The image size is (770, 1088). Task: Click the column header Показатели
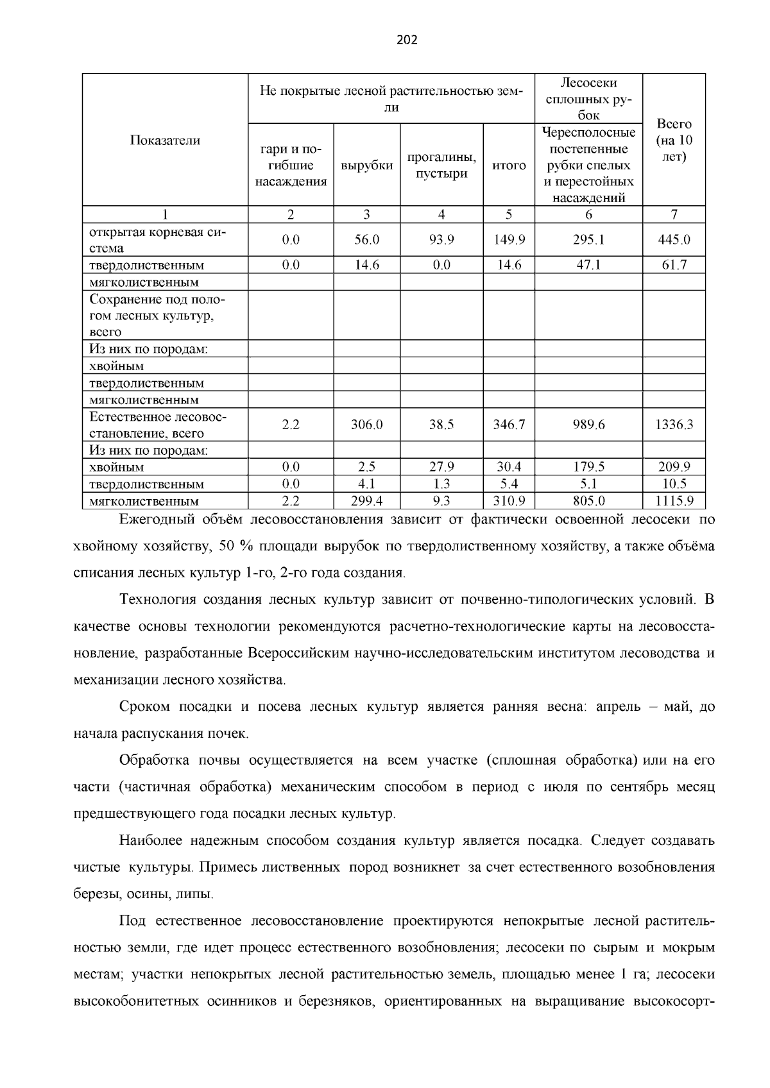tap(165, 140)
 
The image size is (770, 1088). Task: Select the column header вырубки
tap(366, 166)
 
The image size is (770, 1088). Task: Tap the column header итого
tap(509, 166)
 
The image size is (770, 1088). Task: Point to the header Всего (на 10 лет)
tap(674, 140)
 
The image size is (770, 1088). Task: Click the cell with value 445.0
tap(674, 240)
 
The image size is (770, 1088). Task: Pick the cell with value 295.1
tap(588, 240)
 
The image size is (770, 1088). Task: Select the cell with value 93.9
tap(441, 240)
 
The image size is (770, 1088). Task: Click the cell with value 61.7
tap(674, 265)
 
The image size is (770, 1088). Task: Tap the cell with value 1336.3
tap(674, 425)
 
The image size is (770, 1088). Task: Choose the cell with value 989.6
tap(588, 425)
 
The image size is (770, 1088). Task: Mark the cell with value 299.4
tap(366, 501)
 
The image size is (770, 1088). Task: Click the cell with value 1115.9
tap(674, 501)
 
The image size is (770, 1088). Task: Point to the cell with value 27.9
tap(441, 467)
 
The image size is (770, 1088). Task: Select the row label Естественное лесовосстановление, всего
tap(158, 425)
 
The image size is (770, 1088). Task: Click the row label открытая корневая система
tap(158, 240)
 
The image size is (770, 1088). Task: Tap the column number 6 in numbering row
tap(588, 215)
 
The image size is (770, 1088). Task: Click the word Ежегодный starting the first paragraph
tap(151, 520)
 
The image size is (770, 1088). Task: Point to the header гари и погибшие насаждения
tap(291, 166)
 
